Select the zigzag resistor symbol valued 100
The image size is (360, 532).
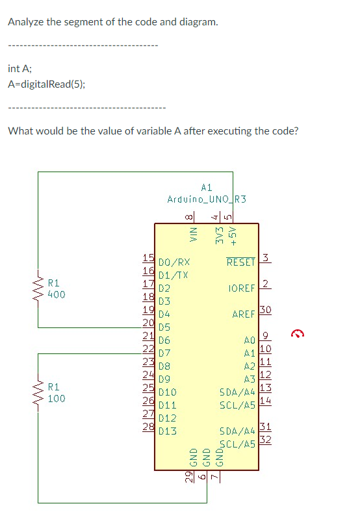tap(38, 393)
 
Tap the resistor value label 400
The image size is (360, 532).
tap(57, 294)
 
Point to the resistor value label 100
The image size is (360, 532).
tap(57, 398)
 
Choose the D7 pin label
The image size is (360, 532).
tap(164, 353)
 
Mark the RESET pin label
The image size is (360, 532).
tap(240, 262)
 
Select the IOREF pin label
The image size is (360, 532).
tap(241, 288)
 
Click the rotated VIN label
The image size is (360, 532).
tap(192, 235)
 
